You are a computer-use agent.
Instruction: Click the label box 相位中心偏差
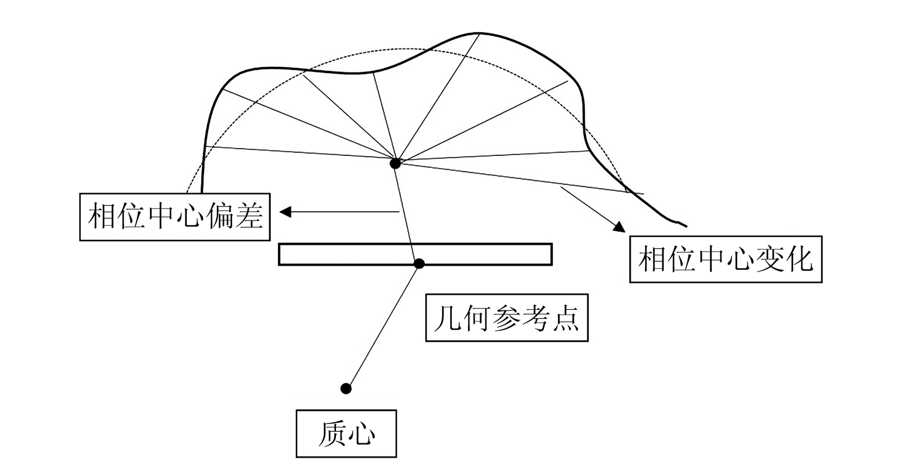coord(175,217)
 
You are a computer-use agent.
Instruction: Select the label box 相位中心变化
coord(725,259)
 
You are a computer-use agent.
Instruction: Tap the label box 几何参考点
coord(506,318)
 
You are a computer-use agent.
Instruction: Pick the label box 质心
coord(346,433)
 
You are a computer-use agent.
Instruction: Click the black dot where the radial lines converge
coord(395,163)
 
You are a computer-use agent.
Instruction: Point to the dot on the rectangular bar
coord(419,264)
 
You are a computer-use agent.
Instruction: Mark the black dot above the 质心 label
coord(346,389)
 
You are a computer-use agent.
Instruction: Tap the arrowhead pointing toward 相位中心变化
coord(620,226)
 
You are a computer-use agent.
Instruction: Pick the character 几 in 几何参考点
coord(447,318)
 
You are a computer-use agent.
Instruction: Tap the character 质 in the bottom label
coord(332,433)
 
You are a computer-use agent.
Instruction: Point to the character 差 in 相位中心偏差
coord(249,217)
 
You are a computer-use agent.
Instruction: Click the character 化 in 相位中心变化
coord(800,259)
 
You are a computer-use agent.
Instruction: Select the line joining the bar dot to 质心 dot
coord(383,326)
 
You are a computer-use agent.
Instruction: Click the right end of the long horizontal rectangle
coord(551,254)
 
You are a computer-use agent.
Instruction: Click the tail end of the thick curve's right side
coord(685,225)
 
